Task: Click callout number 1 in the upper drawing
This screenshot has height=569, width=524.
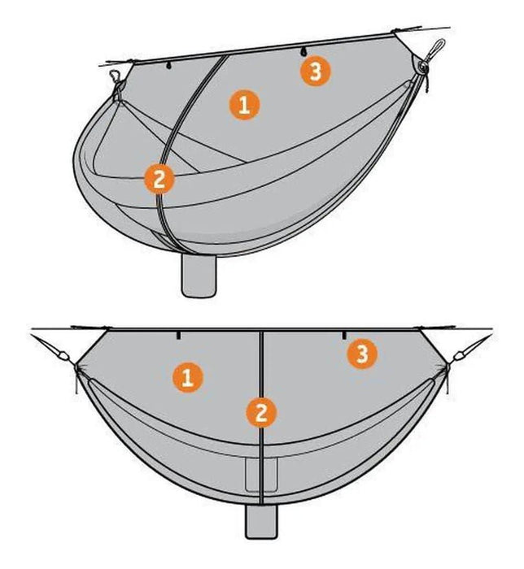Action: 244,105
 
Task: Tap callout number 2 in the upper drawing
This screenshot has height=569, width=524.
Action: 159,180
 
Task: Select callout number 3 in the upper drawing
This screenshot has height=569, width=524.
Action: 315,72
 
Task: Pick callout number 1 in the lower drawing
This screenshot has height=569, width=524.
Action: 187,378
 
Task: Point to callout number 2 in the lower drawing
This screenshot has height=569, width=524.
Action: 261,413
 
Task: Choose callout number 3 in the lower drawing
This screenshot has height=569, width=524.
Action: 362,354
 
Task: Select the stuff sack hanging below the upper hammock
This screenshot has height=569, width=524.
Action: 199,275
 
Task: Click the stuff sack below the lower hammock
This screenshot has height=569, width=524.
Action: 261,521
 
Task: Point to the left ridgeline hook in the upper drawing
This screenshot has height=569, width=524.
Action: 168,66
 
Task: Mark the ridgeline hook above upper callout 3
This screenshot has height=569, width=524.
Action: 303,52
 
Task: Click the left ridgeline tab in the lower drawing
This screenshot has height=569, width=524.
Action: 178,335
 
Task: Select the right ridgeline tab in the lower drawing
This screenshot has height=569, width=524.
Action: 344,335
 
